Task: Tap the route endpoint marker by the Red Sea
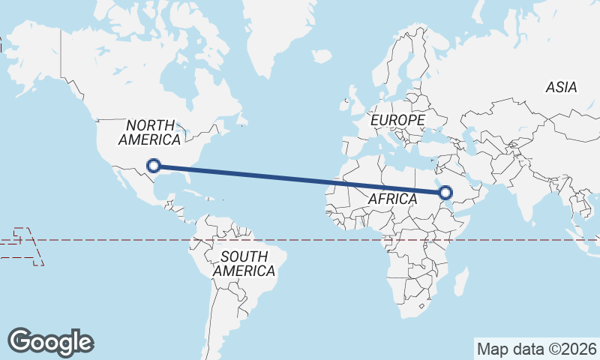point(446,193)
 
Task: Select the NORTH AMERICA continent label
point(149,133)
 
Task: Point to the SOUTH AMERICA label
point(244,263)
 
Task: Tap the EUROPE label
point(397,120)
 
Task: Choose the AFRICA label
point(392,199)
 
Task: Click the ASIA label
point(561,88)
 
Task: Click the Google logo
point(50,341)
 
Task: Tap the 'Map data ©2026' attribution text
point(537,349)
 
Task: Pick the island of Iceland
point(321,55)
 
